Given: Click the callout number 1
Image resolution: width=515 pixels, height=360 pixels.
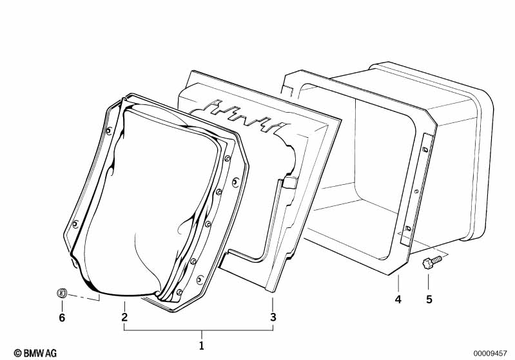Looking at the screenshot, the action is click(202, 346).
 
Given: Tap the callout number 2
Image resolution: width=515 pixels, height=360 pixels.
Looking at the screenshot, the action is click(124, 317).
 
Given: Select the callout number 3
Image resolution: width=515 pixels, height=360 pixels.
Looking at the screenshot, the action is click(273, 317).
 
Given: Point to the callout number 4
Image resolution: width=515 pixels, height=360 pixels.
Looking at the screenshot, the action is click(398, 299).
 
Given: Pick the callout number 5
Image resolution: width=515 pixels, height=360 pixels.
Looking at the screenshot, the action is click(429, 299).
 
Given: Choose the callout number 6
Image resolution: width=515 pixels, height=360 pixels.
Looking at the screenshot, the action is click(62, 317).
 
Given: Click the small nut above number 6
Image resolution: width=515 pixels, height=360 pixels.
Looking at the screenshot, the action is click(62, 293).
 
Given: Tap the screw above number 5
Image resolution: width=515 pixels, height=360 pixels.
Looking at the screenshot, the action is click(432, 262).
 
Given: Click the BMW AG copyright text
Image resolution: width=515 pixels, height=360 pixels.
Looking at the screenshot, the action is click(35, 353).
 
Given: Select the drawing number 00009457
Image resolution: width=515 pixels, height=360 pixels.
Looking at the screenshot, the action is click(490, 353).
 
